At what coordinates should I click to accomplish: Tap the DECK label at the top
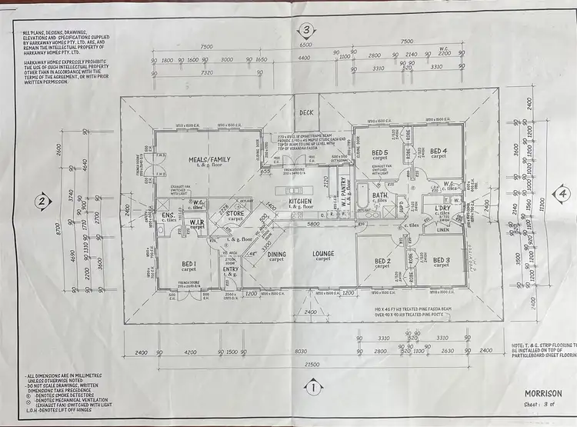pyautogui.click(x=308, y=112)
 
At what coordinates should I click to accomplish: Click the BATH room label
pyautogui.click(x=379, y=195)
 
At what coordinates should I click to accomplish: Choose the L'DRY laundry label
pyautogui.click(x=442, y=209)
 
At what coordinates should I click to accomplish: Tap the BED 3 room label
pyautogui.click(x=442, y=261)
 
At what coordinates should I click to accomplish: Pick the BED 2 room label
pyautogui.click(x=383, y=262)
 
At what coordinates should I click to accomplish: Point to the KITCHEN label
pyautogui.click(x=300, y=202)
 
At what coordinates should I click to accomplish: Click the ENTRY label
pyautogui.click(x=231, y=269)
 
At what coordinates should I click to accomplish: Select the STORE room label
pyautogui.click(x=235, y=213)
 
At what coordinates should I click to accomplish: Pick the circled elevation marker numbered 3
pyautogui.click(x=307, y=31)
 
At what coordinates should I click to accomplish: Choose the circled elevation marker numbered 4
pyautogui.click(x=563, y=193)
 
